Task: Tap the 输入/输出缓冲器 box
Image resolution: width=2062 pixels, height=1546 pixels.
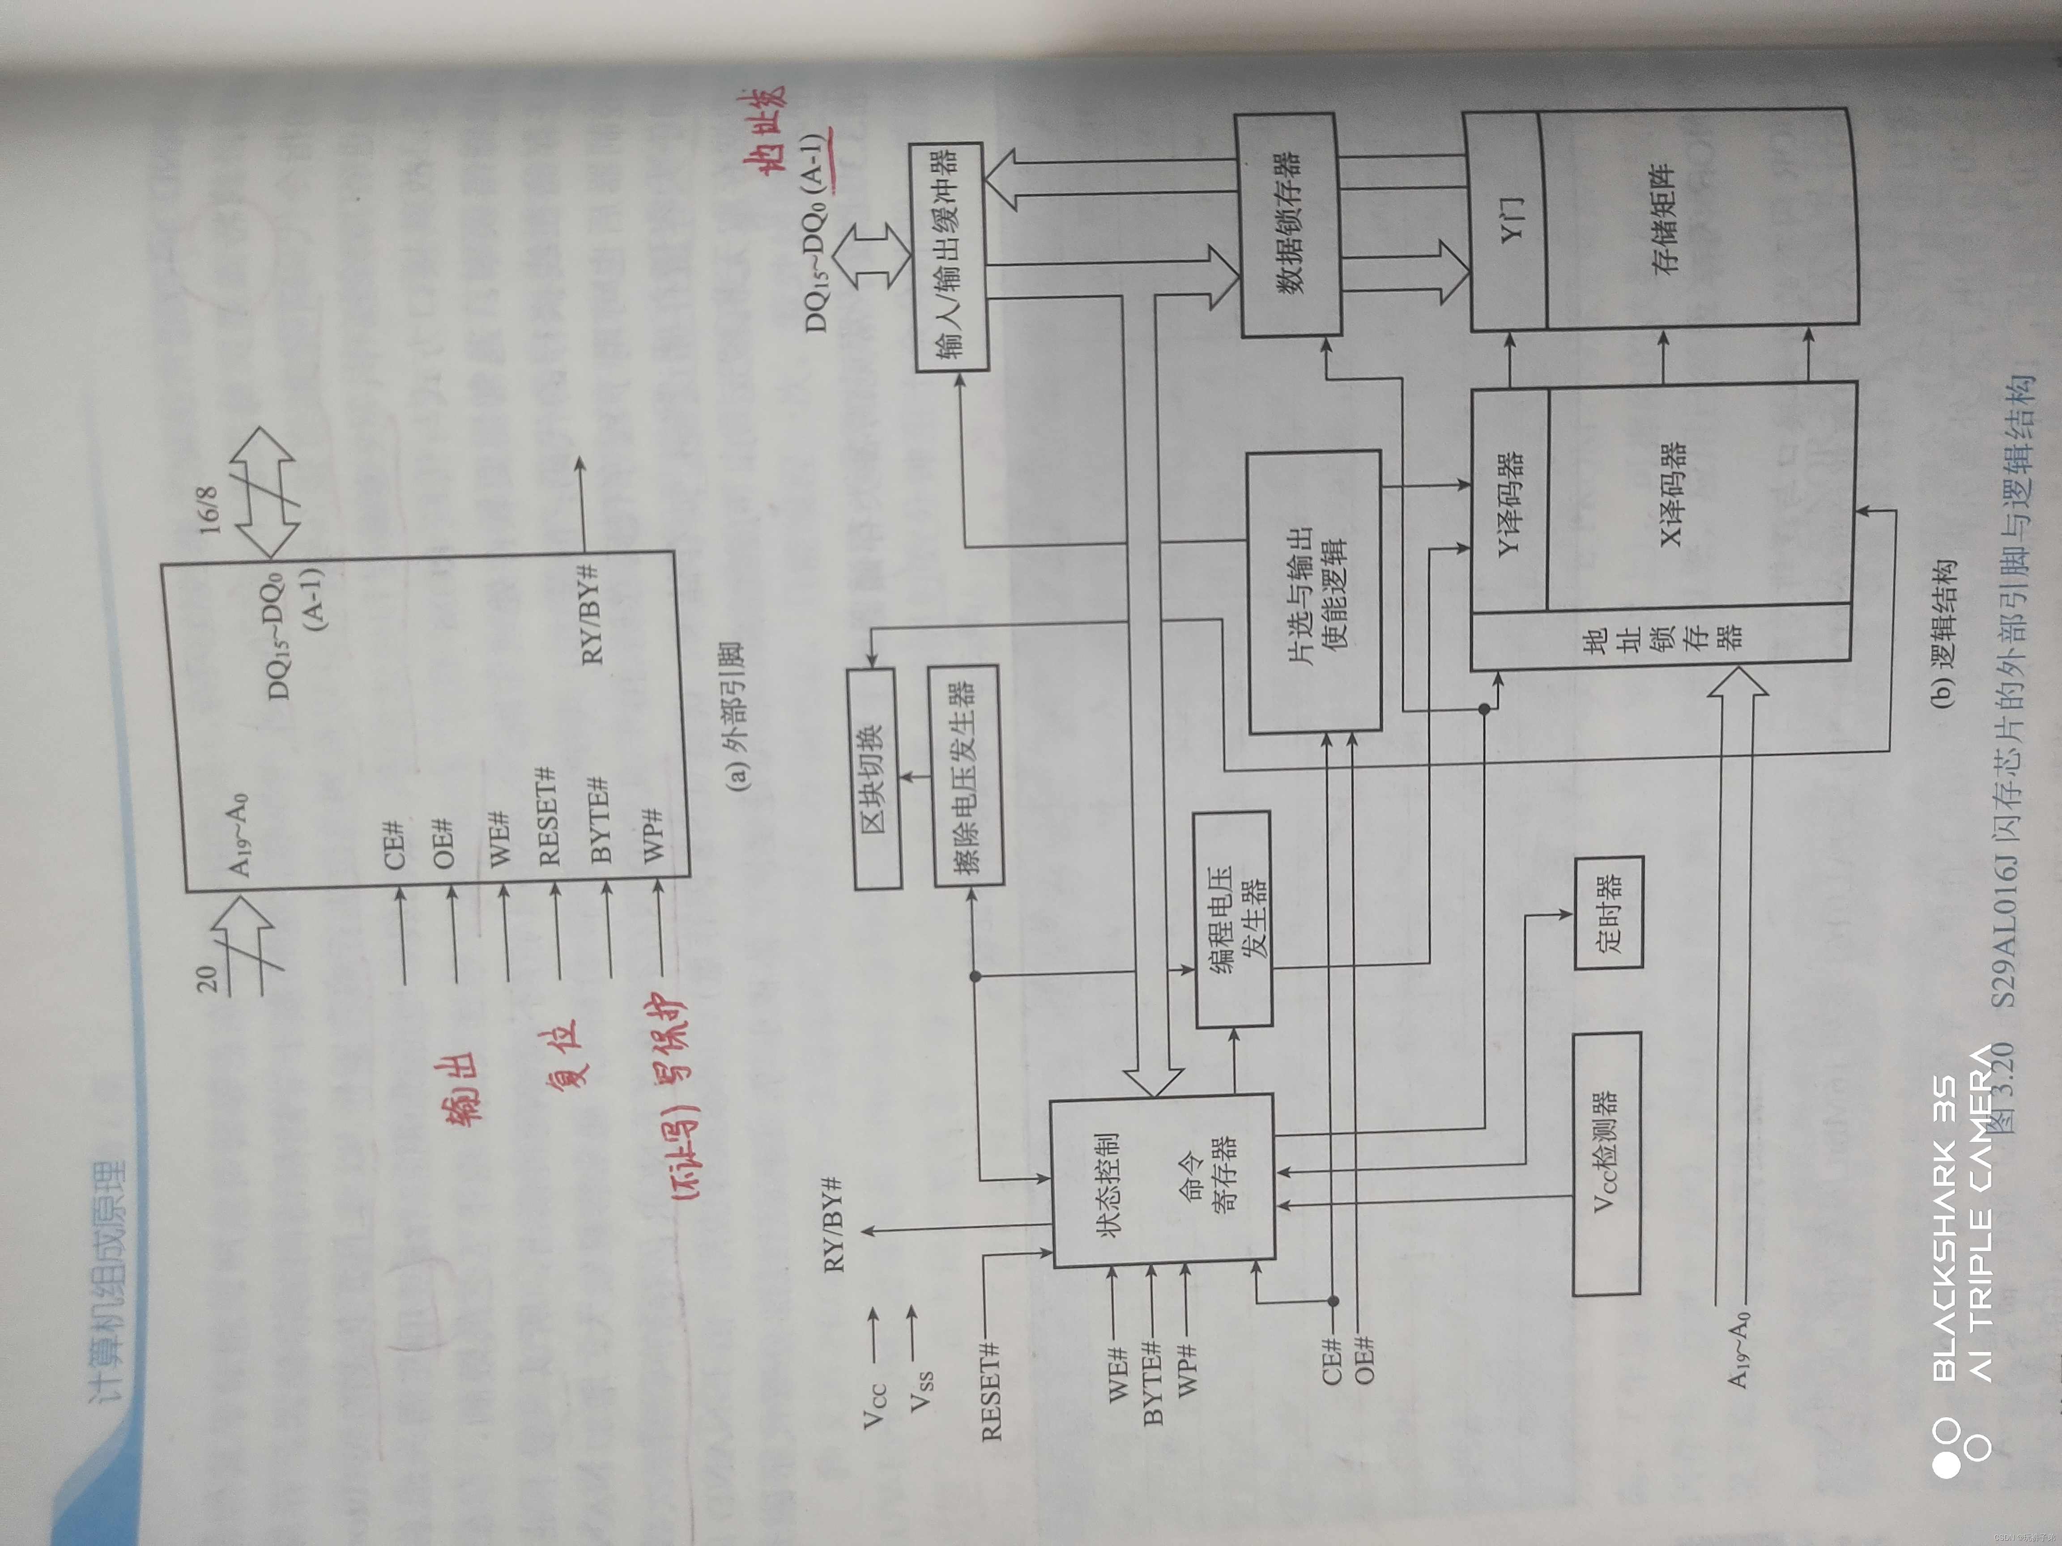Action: tap(949, 256)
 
